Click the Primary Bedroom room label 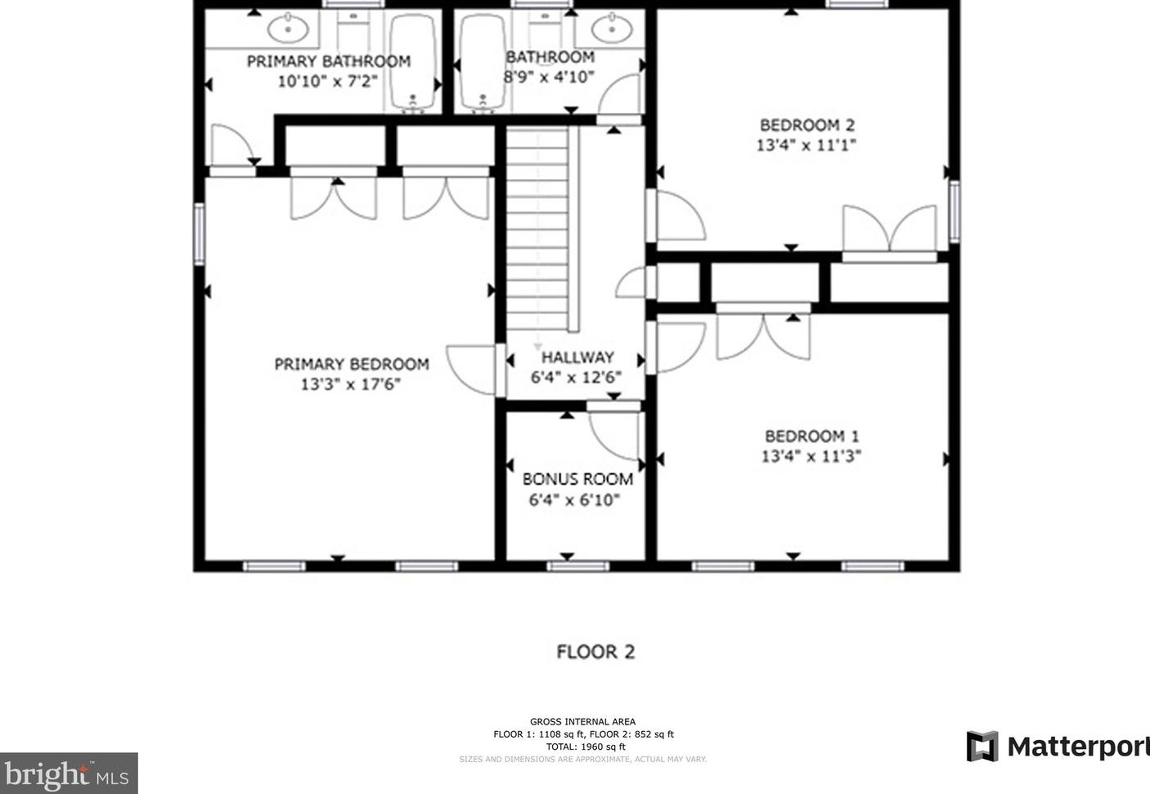[352, 365]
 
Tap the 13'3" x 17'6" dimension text [350, 384]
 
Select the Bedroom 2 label [807, 125]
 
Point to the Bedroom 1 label [811, 437]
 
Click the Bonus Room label [577, 479]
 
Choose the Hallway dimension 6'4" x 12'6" [576, 378]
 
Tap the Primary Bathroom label [329, 61]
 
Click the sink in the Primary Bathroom [288, 29]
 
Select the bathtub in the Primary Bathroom [413, 62]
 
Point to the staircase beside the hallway [537, 230]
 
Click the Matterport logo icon [982, 747]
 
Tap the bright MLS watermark [69, 774]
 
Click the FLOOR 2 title [595, 652]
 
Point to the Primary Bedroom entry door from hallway [472, 370]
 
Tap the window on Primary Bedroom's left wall [200, 234]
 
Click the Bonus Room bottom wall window [577, 567]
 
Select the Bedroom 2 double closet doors [890, 229]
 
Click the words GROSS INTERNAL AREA [582, 721]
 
